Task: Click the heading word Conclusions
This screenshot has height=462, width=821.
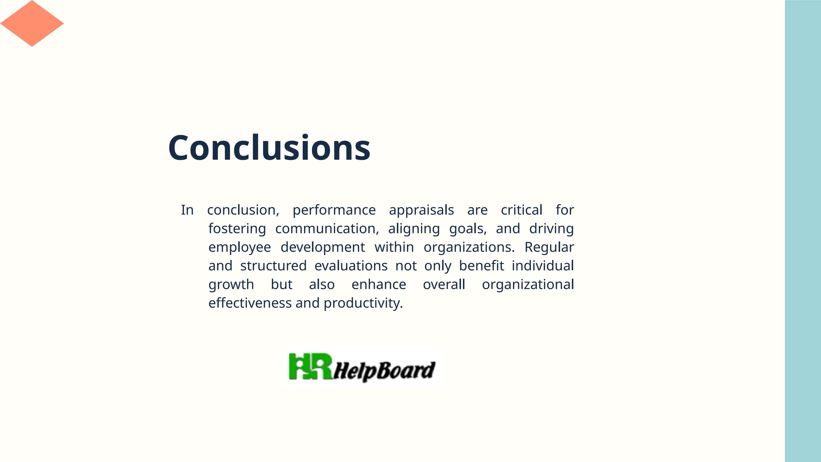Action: (269, 148)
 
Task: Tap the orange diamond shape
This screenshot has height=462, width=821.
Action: (32, 23)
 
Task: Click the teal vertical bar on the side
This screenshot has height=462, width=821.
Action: (803, 231)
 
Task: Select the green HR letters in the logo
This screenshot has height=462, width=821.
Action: (310, 367)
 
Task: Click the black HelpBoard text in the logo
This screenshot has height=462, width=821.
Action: (384, 370)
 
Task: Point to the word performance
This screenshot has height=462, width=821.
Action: (334, 210)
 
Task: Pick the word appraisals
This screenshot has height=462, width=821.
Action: (421, 210)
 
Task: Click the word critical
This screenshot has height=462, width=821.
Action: (521, 210)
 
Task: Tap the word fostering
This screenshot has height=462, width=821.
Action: (237, 229)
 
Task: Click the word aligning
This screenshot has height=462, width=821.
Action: (414, 229)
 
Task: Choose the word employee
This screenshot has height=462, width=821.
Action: (239, 247)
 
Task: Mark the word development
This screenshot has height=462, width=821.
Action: (323, 247)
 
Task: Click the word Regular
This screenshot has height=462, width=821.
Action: (549, 247)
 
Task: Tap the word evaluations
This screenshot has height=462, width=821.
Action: (351, 266)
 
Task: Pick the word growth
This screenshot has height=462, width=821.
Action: (231, 285)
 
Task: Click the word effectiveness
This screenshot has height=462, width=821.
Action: (250, 303)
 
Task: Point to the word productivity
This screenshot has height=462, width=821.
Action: (363, 303)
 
